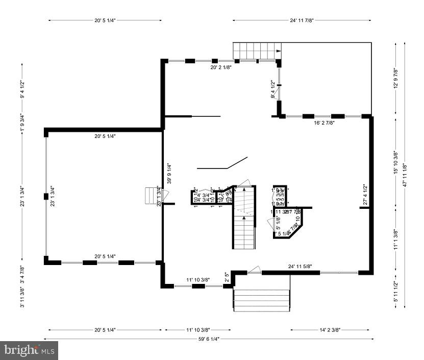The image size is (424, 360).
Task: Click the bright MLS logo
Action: [30, 350]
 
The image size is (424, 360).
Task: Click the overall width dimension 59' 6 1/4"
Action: [209, 339]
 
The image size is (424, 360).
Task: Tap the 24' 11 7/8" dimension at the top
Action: [302, 20]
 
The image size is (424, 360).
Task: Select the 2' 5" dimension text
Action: [228, 278]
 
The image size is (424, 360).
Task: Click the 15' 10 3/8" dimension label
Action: [395, 163]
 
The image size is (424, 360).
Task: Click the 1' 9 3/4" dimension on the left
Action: [21, 123]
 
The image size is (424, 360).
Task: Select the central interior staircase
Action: [244, 225]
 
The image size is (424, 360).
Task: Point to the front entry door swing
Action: [255, 269]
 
